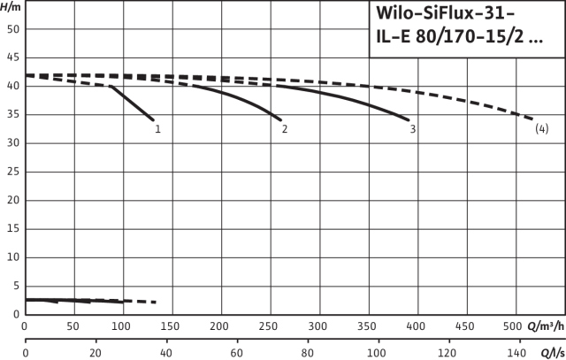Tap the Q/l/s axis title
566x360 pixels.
click(x=550, y=353)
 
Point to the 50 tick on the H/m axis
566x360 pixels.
click(x=11, y=29)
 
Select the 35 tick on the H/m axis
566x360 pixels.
click(x=11, y=115)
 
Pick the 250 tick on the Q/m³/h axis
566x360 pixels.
click(x=219, y=326)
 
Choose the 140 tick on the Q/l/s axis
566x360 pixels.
click(x=518, y=353)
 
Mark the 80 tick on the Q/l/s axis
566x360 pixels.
click(x=307, y=353)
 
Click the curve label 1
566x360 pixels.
click(x=157, y=129)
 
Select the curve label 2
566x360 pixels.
click(x=285, y=129)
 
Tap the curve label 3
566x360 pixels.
click(x=413, y=129)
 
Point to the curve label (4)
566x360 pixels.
click(x=542, y=129)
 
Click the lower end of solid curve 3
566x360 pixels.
click(x=409, y=119)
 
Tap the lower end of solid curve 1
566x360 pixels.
click(x=153, y=119)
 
